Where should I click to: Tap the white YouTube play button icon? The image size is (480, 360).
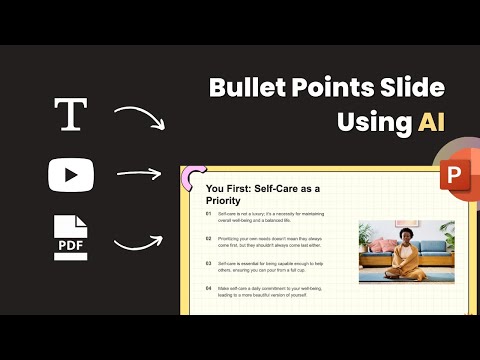[x=69, y=175]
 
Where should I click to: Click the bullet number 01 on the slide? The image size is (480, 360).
[x=209, y=214]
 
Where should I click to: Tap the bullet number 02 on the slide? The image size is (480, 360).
[x=209, y=239]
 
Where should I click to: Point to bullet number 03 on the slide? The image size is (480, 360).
[x=209, y=263]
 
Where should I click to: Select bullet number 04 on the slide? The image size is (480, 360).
[x=209, y=288]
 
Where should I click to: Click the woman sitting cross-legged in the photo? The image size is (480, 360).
[x=406, y=256]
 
